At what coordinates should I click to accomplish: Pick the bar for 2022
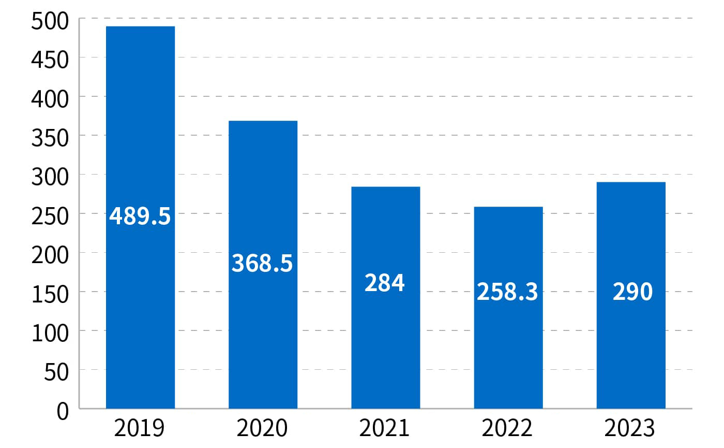508,352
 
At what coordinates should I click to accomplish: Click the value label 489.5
140,216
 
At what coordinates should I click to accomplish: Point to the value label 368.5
262,263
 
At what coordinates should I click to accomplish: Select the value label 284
385,283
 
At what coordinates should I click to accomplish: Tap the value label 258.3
507,292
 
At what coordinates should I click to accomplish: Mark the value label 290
632,292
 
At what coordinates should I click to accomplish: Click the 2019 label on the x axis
139,429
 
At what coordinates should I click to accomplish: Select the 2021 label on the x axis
384,429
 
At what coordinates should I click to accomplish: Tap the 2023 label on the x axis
629,429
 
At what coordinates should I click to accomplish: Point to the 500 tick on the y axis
50,22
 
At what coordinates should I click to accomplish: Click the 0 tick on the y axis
62,412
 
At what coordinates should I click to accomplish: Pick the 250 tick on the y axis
50,216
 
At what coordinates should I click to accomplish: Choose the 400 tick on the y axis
50,99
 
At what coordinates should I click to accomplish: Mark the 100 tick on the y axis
50,334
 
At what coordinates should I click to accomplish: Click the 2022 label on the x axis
507,429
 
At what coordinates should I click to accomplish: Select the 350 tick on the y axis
50,138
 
